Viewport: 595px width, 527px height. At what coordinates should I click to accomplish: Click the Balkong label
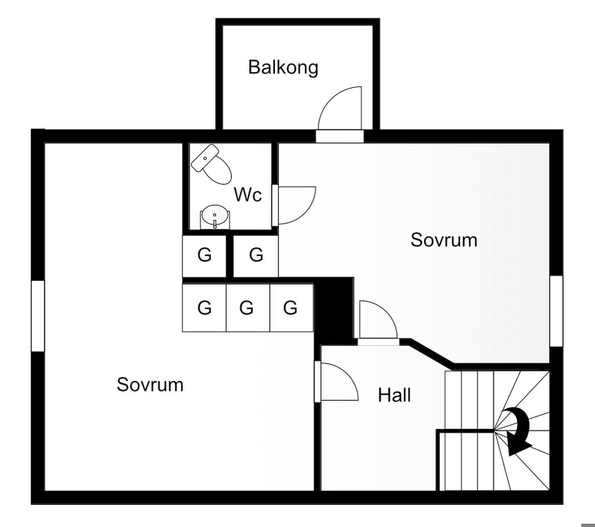pos(283,67)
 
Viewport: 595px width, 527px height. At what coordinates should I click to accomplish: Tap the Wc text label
pos(248,195)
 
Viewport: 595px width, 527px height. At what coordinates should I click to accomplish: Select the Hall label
pos(395,396)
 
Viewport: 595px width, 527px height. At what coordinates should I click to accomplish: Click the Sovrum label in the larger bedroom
pos(150,385)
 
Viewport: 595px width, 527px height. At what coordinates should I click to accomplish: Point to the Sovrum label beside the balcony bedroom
pos(444,240)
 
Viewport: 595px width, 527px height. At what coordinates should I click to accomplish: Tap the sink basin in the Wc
pos(215,217)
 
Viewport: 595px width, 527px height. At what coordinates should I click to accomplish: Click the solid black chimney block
pos(334,308)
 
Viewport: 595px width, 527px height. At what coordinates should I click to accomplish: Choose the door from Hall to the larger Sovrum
pos(338,382)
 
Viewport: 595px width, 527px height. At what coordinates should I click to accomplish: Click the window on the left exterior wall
pos(38,316)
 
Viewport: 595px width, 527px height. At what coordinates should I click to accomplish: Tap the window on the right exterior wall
pos(556,310)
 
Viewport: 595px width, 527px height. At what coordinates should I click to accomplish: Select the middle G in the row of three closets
pos(247,307)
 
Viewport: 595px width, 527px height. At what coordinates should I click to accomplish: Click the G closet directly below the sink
pos(205,255)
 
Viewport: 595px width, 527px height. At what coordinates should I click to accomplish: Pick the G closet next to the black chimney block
pos(291,307)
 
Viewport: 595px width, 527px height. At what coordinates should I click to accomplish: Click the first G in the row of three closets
pos(205,307)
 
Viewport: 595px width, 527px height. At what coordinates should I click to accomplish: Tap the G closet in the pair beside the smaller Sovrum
pos(256,255)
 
